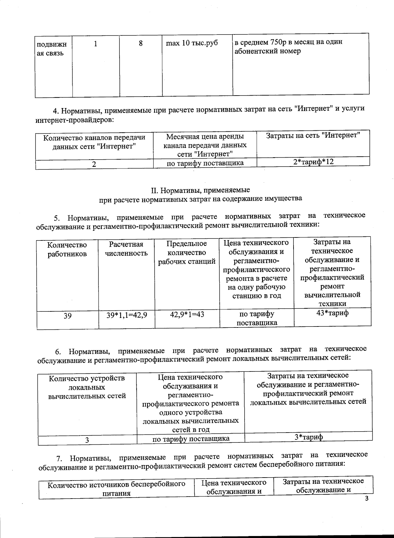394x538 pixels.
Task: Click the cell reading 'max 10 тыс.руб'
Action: (192, 43)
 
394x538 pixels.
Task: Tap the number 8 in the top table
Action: (141, 43)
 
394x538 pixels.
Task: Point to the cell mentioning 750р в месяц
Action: (288, 47)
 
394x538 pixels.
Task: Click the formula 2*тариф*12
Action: (313, 161)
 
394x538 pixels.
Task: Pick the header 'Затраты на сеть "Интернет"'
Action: (313, 135)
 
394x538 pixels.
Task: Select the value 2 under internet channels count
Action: (94, 164)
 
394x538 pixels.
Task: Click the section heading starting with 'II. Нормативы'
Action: (200, 190)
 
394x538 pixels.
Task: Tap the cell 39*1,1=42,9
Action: (126, 315)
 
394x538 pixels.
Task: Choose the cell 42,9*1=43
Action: (187, 314)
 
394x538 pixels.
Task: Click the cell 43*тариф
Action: (332, 313)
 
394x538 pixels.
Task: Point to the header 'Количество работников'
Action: (67, 249)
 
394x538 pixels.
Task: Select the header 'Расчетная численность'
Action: (126, 249)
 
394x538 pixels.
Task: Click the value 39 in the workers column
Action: (67, 316)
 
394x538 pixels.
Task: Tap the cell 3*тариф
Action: (308, 437)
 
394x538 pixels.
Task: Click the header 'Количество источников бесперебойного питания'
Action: (116, 488)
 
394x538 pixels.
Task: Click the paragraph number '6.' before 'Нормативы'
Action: (58, 352)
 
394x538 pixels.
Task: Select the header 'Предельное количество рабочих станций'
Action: (187, 252)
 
